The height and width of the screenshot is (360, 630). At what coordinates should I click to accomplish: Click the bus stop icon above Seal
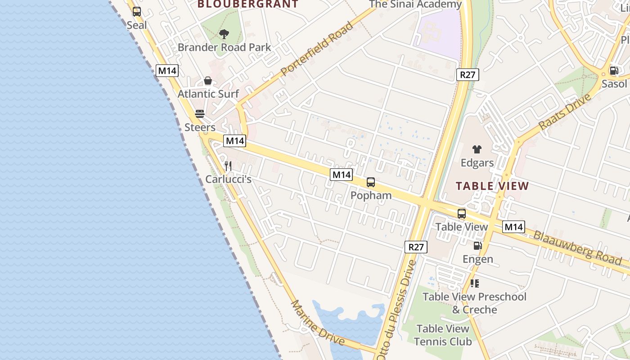click(136, 12)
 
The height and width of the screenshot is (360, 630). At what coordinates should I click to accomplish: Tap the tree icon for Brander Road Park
click(224, 34)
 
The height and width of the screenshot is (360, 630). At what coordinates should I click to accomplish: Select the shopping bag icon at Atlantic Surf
click(208, 81)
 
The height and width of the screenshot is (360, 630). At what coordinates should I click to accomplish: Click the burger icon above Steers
click(200, 114)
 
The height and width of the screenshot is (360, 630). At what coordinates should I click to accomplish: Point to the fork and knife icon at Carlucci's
click(228, 166)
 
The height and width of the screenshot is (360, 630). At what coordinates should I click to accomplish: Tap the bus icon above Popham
click(371, 182)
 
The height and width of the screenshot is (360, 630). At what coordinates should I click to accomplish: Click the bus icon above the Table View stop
click(462, 214)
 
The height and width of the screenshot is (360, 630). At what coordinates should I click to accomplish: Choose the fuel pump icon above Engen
click(477, 246)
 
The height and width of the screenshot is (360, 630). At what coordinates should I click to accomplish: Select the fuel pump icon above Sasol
click(613, 71)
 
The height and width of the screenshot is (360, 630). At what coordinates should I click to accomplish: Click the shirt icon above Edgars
click(477, 149)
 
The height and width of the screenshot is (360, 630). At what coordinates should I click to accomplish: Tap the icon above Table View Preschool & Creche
click(474, 283)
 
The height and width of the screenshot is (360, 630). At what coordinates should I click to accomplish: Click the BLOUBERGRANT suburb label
click(248, 4)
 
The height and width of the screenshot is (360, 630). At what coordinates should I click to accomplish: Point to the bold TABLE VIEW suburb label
click(492, 186)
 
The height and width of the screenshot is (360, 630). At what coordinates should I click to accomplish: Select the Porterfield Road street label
click(316, 49)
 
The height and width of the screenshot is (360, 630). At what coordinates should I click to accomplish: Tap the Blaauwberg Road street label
click(577, 248)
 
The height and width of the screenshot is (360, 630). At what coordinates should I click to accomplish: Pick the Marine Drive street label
click(318, 323)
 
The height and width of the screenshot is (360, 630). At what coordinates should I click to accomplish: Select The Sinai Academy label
click(415, 4)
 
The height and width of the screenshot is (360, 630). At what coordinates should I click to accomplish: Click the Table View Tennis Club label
click(443, 335)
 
